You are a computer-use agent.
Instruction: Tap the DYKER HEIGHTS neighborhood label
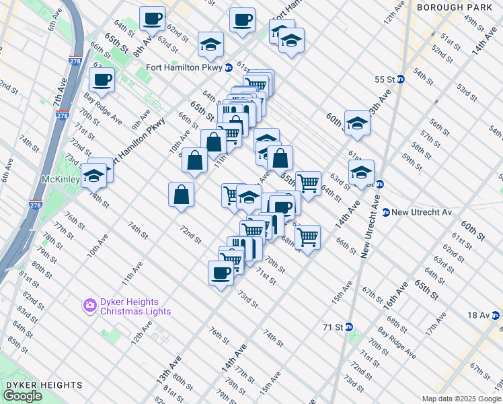(44, 385)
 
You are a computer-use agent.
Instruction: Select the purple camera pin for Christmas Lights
(89, 306)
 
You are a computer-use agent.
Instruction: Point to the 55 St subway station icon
(401, 79)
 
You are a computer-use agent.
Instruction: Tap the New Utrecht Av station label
(422, 212)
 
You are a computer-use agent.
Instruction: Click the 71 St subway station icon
(349, 327)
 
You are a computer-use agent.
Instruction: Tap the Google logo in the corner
(22, 396)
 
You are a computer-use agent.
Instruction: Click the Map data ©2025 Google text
(461, 399)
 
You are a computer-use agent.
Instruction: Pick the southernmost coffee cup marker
(221, 273)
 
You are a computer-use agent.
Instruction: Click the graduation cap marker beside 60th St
(358, 124)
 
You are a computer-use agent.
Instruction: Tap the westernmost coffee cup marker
(102, 80)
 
